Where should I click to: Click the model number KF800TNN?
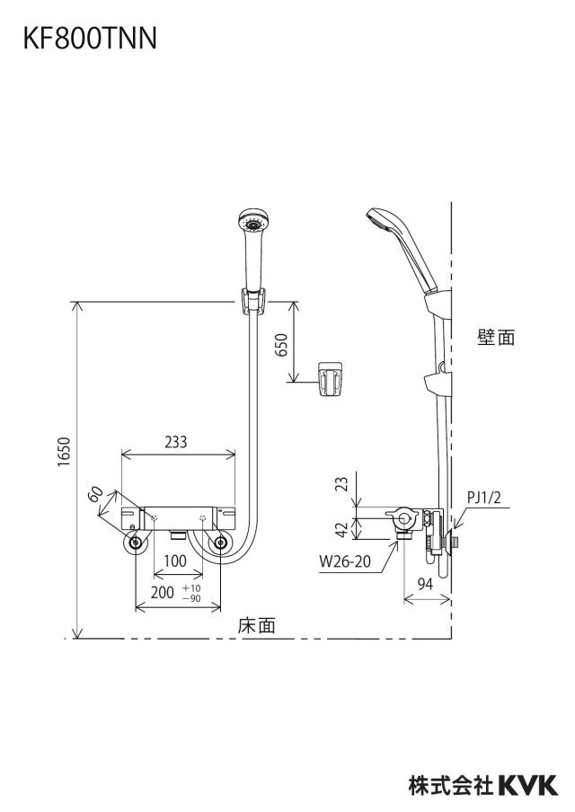tap(90, 39)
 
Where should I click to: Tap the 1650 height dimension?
tap(64, 452)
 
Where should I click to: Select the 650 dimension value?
tap(281, 344)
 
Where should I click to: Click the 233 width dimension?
tap(175, 442)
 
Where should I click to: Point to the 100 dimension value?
tap(175, 560)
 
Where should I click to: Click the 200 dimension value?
tap(162, 593)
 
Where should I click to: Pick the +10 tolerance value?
tap(191, 588)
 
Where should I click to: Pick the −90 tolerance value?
tap(191, 598)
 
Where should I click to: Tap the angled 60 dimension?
tap(95, 494)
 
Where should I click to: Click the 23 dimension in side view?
tap(342, 484)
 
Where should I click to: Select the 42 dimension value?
tap(342, 529)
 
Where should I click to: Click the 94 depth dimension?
tap(425, 584)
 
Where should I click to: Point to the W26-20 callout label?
tap(345, 561)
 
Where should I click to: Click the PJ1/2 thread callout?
tap(484, 498)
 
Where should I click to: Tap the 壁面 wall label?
tap(496, 338)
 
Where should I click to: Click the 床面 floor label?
tap(257, 625)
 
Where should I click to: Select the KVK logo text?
tap(528, 785)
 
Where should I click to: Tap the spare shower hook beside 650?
tap(330, 380)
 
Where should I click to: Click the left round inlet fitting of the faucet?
tap(136, 543)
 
